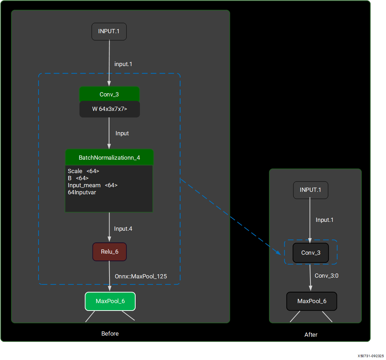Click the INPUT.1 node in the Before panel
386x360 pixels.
tap(109, 31)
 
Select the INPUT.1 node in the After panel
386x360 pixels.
tap(310, 190)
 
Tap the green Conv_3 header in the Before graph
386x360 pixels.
tap(109, 94)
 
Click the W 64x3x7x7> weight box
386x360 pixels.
tap(109, 109)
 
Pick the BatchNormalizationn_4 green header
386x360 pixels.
tap(109, 158)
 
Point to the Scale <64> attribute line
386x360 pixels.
tap(83, 171)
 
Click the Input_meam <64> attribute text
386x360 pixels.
tap(93, 185)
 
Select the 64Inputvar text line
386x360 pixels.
tap(82, 193)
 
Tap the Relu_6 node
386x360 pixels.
tap(109, 252)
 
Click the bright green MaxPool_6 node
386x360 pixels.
tap(110, 301)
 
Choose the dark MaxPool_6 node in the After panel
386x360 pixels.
tap(311, 301)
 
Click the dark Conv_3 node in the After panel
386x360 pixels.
tap(311, 253)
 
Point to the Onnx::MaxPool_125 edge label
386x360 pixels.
tap(141, 276)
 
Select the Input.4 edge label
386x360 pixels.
tap(123, 229)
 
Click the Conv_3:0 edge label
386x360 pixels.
tap(326, 276)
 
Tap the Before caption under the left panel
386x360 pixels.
tap(110, 334)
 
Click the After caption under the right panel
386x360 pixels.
tap(311, 335)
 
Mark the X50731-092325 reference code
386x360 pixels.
tap(370, 356)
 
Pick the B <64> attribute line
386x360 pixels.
tap(78, 178)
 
